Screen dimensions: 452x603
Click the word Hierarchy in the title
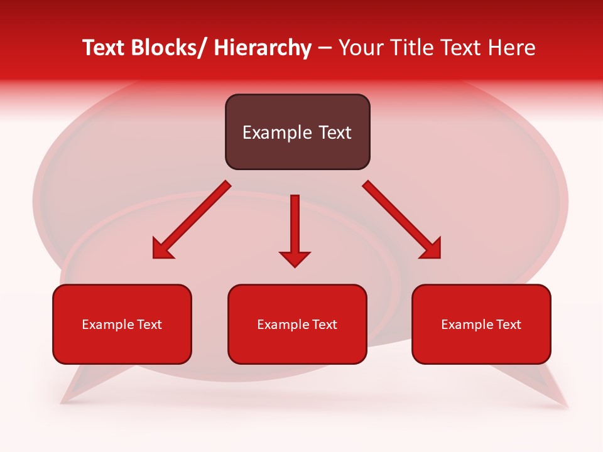point(262,48)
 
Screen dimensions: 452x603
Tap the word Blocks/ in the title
point(168,48)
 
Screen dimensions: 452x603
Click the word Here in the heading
point(510,48)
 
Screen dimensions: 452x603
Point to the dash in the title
point(325,48)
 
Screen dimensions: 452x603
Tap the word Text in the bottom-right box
point(508,325)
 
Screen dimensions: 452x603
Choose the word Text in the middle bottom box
point(324,325)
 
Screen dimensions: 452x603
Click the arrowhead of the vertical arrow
point(295,258)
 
